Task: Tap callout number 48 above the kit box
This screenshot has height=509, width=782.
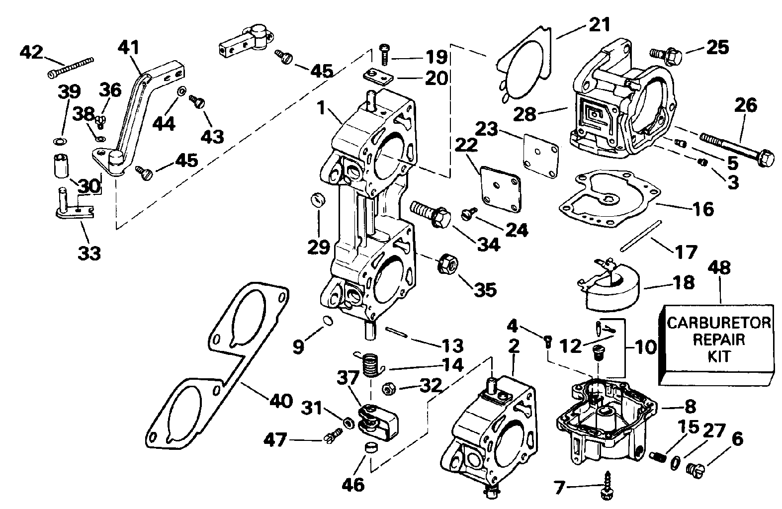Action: (x=720, y=268)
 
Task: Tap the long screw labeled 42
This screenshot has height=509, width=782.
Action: (x=71, y=68)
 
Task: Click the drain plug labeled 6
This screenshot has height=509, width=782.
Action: (x=696, y=467)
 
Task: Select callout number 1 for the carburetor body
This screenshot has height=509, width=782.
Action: (x=322, y=107)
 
